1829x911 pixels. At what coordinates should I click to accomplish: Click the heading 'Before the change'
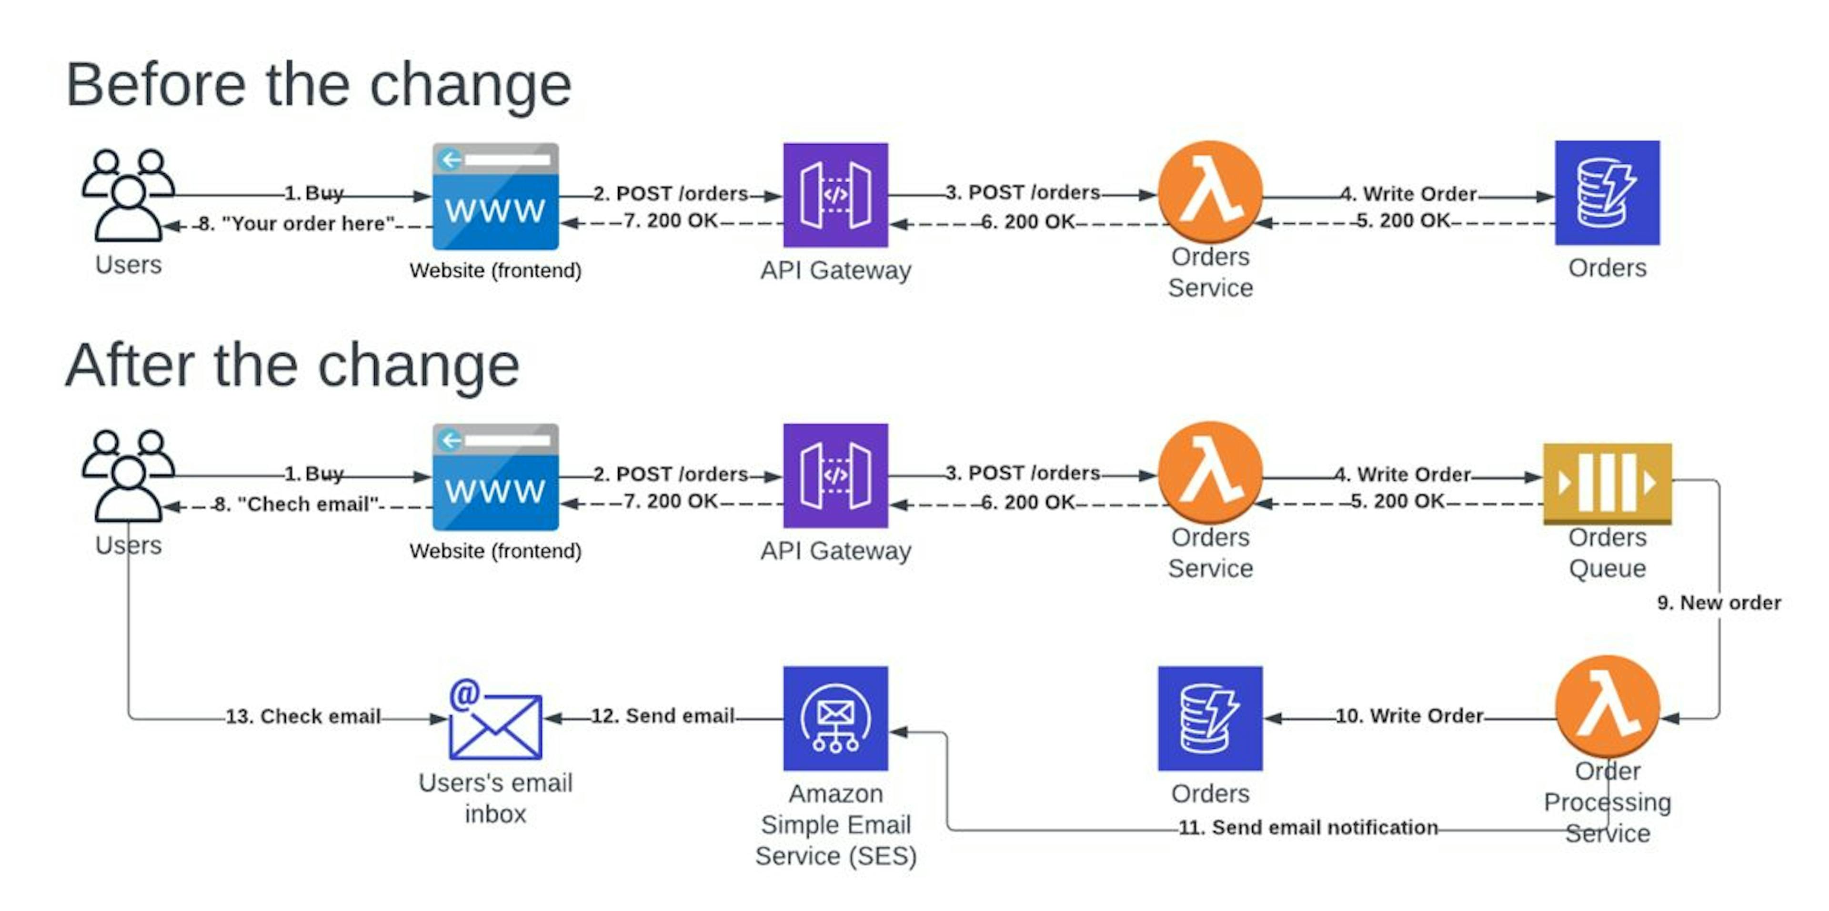[x=318, y=85]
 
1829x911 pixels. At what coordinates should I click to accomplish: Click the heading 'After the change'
[x=292, y=366]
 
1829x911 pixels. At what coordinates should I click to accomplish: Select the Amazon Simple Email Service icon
[x=835, y=718]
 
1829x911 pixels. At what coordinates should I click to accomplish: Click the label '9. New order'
[x=1718, y=603]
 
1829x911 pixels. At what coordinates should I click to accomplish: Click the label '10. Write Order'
[x=1409, y=716]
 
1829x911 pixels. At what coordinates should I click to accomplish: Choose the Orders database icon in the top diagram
[x=1607, y=193]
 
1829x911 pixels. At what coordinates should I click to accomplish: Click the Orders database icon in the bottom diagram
[x=1210, y=718]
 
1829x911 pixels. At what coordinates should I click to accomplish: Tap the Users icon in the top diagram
[x=128, y=195]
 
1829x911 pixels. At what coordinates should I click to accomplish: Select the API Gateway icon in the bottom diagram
[x=835, y=475]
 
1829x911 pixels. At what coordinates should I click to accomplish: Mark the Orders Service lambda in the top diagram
[x=1210, y=191]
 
